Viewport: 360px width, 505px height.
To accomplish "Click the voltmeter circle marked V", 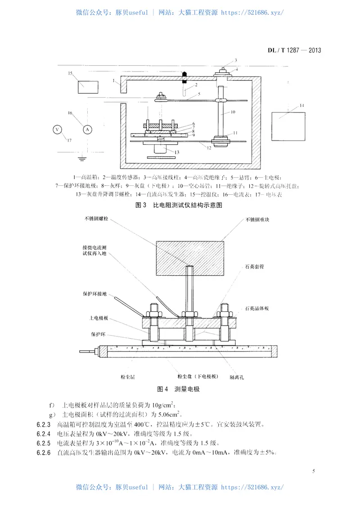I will click(x=57, y=130).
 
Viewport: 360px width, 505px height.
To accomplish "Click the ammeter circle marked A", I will click(x=88, y=130).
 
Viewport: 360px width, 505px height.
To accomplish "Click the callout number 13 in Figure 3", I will click(x=177, y=152).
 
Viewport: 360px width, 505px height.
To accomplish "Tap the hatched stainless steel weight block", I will click(x=189, y=259).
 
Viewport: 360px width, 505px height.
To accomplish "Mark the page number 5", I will click(x=312, y=471).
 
